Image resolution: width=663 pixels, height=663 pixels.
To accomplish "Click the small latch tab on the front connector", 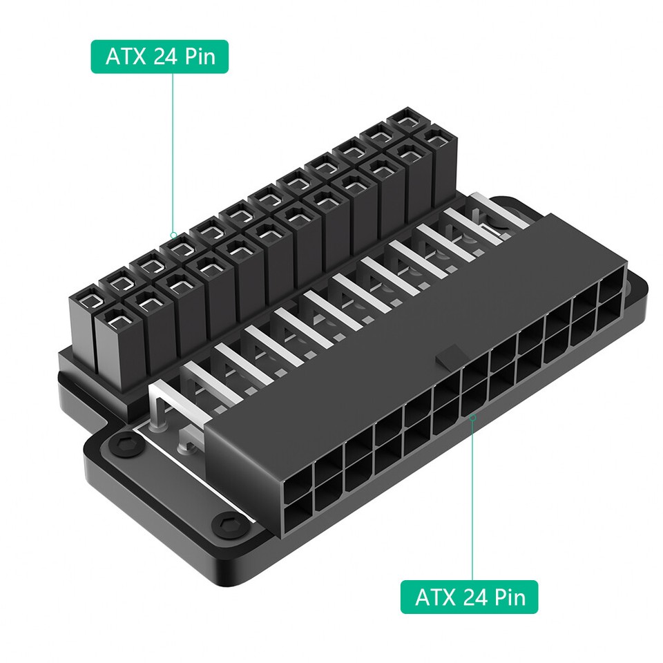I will tap(447, 356).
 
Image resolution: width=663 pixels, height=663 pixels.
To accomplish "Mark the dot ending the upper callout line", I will tap(173, 235).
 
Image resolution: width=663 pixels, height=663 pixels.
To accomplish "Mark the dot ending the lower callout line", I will tap(472, 417).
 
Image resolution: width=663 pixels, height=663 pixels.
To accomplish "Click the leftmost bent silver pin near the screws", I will tap(163, 407).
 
